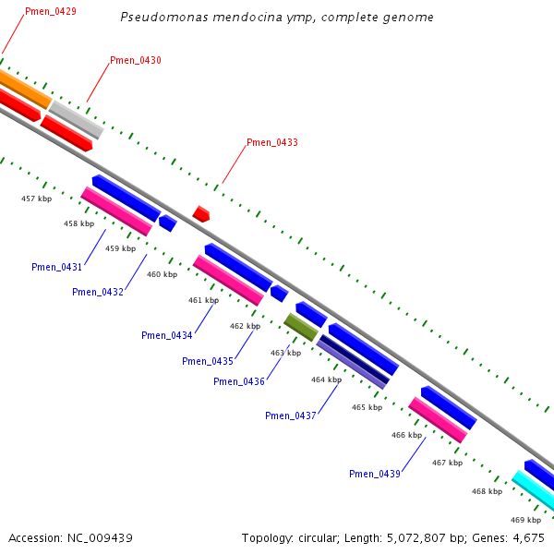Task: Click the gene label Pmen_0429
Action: [51, 12]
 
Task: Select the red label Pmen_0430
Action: [136, 61]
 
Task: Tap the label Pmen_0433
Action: [272, 143]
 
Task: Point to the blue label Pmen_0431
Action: [57, 268]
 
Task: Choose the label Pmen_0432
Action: [98, 293]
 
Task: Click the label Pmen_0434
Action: [167, 336]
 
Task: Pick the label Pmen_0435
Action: [208, 361]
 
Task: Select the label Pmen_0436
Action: [239, 382]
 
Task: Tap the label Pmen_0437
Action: [291, 416]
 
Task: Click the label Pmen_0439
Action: [375, 475]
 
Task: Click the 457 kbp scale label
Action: [37, 199]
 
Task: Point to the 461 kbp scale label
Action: [203, 300]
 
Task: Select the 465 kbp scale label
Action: [367, 407]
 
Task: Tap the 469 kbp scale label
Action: [525, 520]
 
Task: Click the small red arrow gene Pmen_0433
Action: [201, 214]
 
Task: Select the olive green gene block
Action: [301, 327]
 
